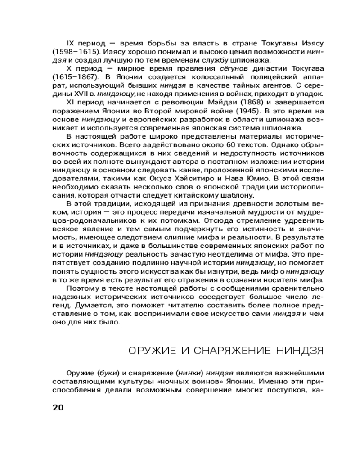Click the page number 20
click(58, 408)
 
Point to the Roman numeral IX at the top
click(71, 43)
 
